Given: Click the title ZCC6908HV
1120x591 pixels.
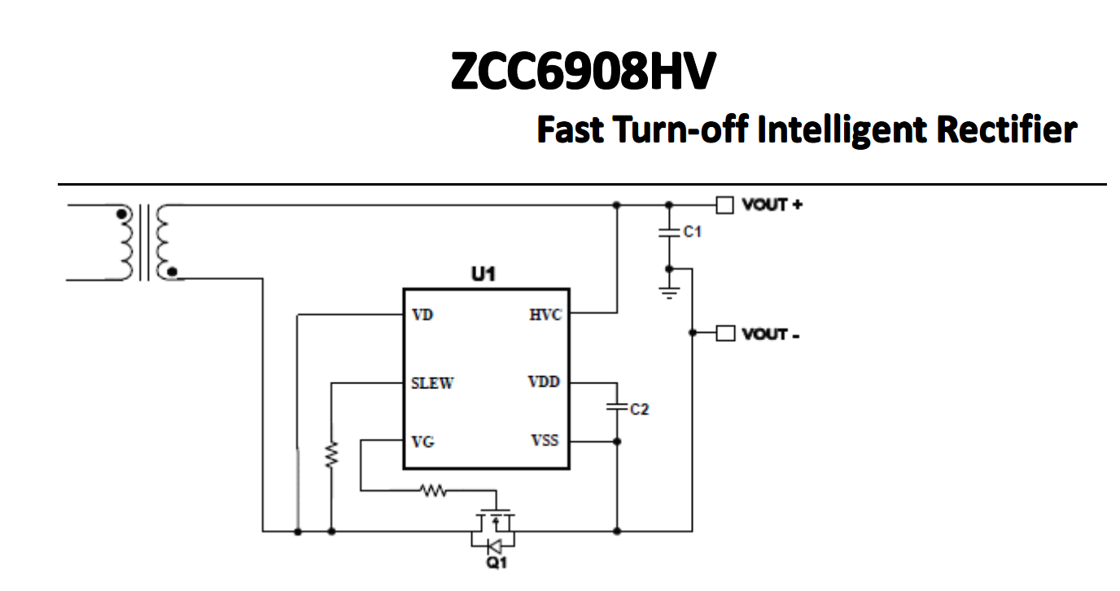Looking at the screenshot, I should [583, 72].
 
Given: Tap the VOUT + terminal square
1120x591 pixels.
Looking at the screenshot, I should [724, 204].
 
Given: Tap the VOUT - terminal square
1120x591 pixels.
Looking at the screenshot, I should [724, 333].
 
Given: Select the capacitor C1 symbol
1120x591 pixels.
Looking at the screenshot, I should [668, 233].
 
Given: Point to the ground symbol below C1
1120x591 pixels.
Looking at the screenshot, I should [668, 291].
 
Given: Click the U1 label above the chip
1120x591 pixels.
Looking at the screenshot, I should [483, 274].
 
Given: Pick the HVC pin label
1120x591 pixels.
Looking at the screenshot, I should [545, 315].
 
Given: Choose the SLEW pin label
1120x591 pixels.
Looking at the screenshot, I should [432, 383].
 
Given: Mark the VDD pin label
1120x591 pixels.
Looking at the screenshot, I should [544, 382].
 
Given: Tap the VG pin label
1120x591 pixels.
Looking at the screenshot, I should [423, 441].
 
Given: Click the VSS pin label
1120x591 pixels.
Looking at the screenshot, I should [545, 440].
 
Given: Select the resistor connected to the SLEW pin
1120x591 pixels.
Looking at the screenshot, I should [331, 455].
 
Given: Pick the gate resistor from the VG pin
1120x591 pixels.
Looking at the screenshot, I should [432, 490].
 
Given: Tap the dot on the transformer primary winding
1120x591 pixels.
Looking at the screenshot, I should [123, 215].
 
